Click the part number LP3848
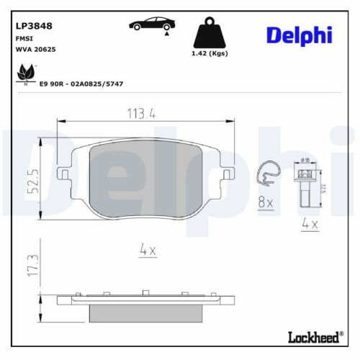pos(34,24)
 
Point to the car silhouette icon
pos(150,24)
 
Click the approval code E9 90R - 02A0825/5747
pos(84,84)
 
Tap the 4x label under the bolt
pos(310,224)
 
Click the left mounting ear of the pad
pos(63,174)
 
